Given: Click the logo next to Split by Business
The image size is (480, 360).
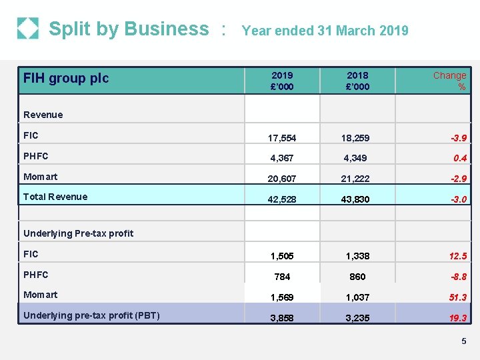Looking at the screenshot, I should tap(28, 29).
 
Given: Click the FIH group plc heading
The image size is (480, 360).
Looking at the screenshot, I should tap(66, 78).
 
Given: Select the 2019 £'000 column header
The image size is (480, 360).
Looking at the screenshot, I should tap(282, 81).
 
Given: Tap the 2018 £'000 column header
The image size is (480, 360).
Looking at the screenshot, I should tap(358, 81).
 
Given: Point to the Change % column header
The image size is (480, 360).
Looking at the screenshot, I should tap(450, 81).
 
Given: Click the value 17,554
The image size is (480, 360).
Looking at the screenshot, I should tap(282, 138).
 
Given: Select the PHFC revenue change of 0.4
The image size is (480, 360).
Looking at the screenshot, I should tap(459, 158).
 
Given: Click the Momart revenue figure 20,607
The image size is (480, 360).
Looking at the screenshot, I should tap(282, 179).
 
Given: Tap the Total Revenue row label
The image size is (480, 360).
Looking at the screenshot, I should tap(55, 197).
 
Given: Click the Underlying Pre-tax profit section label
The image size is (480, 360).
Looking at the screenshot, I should tap(78, 233).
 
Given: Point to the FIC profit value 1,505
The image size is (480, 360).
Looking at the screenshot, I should tap(282, 256).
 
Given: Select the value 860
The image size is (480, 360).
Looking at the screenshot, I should tap(358, 277).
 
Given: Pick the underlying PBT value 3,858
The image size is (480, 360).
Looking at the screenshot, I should tap(282, 318).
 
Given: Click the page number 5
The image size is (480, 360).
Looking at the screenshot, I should tap(463, 341).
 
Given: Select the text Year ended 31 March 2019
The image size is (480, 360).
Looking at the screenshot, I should tap(325, 31).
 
